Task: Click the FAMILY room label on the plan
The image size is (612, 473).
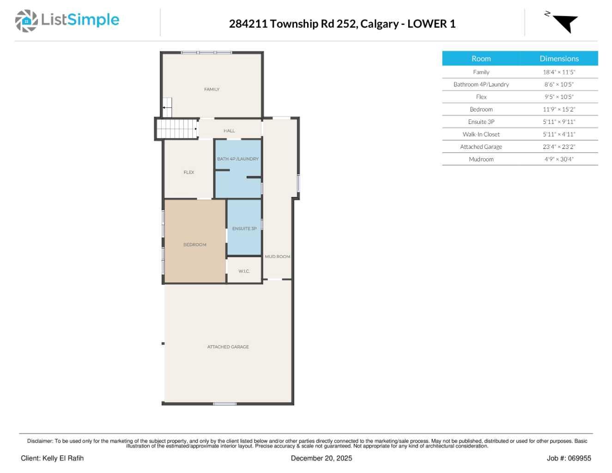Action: point(212,89)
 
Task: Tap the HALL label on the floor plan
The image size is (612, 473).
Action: point(229,131)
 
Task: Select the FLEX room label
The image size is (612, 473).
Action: point(188,172)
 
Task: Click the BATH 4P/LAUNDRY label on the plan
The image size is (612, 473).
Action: point(238,159)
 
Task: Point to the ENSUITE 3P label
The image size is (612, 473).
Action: point(244,228)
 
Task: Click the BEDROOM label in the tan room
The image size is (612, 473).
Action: point(194,245)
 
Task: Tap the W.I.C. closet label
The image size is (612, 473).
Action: point(244,271)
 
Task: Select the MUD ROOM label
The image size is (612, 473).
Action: point(277,257)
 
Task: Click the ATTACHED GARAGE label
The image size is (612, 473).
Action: point(228,347)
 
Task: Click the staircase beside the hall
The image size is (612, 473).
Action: point(176,129)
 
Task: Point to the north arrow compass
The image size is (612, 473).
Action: point(564,23)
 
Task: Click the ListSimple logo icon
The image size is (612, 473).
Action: point(26,21)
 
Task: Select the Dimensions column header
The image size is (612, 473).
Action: point(559,59)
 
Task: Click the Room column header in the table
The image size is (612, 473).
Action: point(481,59)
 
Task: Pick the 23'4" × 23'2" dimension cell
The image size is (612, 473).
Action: point(559,147)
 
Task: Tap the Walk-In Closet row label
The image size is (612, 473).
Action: point(481,134)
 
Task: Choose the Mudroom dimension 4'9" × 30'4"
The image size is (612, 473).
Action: point(559,159)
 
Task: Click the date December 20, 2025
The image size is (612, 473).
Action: point(321,458)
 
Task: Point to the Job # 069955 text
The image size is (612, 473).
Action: point(569,458)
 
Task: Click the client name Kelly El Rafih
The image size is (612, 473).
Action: point(52,458)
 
